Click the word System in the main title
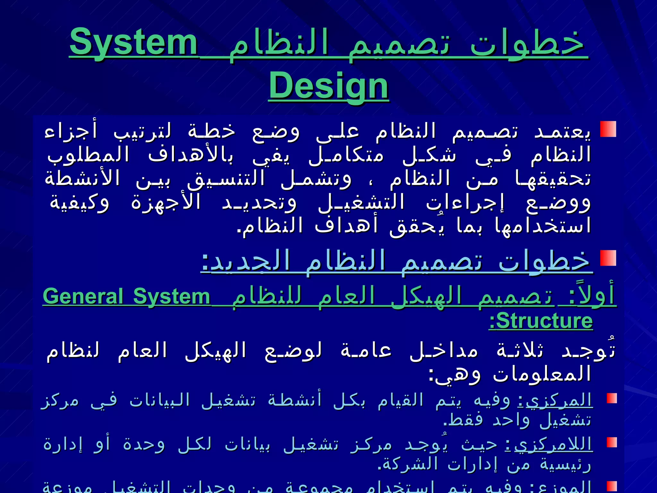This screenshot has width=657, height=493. (x=133, y=42)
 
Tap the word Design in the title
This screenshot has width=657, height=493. (x=328, y=86)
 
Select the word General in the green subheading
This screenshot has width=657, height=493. (x=83, y=296)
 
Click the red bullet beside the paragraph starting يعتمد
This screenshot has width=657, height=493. (x=608, y=129)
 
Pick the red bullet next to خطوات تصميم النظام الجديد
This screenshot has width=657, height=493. (x=608, y=258)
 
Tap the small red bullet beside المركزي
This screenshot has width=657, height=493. (x=612, y=398)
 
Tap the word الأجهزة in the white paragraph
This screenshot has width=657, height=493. (x=166, y=203)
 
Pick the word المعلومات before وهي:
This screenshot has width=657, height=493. (x=542, y=374)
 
